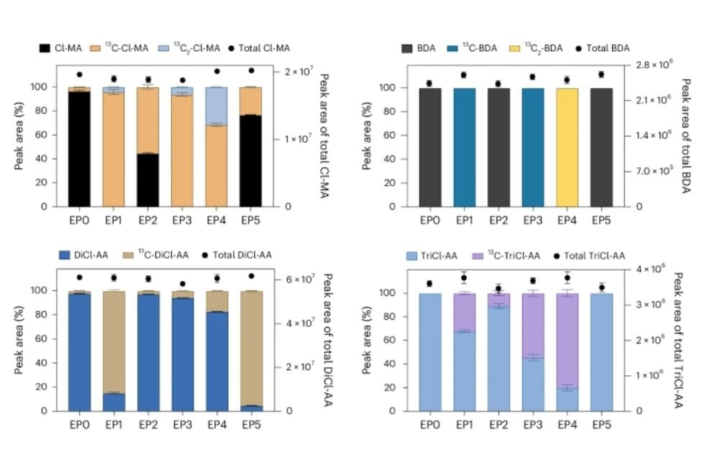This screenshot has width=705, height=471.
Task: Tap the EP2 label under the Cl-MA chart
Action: pyautogui.click(x=147, y=217)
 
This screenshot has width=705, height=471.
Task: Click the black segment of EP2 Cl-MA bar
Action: pyautogui.click(x=147, y=180)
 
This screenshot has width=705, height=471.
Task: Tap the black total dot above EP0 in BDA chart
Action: pyautogui.click(x=429, y=84)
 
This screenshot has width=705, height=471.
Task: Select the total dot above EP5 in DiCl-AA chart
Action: pyautogui.click(x=251, y=276)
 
